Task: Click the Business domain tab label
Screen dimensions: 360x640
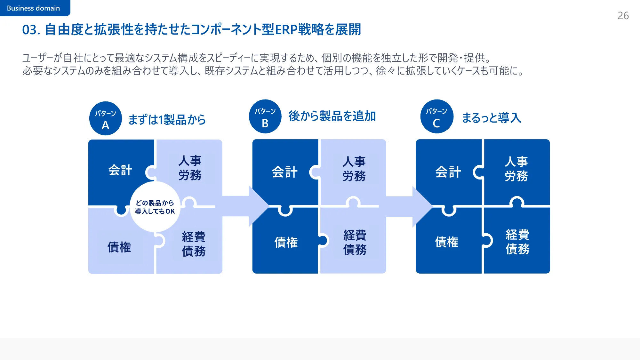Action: click(x=33, y=8)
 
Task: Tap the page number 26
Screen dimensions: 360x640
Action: click(x=623, y=16)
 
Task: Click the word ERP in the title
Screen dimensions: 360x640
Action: click(x=286, y=30)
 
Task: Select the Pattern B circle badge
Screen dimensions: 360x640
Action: click(x=265, y=116)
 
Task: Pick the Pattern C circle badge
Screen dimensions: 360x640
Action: click(x=436, y=116)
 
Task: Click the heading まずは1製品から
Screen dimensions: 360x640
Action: click(x=167, y=120)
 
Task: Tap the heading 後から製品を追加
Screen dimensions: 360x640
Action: click(x=332, y=116)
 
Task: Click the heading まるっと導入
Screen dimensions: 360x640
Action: click(x=491, y=118)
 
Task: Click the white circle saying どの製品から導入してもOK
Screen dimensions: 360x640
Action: click(x=155, y=207)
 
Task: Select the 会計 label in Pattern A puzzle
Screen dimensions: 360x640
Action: click(x=120, y=170)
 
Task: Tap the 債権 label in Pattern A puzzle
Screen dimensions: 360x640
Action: click(x=119, y=247)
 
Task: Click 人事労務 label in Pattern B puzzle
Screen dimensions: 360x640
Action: click(x=354, y=169)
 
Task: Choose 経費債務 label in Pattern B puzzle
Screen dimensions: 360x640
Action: click(x=355, y=242)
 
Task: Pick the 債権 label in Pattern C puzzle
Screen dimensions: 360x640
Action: click(x=446, y=242)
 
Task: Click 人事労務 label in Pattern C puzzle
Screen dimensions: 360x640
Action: click(x=516, y=169)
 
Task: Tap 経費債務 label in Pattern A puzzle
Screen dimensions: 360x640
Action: click(x=194, y=244)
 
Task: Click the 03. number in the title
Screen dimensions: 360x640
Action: click(x=31, y=30)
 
